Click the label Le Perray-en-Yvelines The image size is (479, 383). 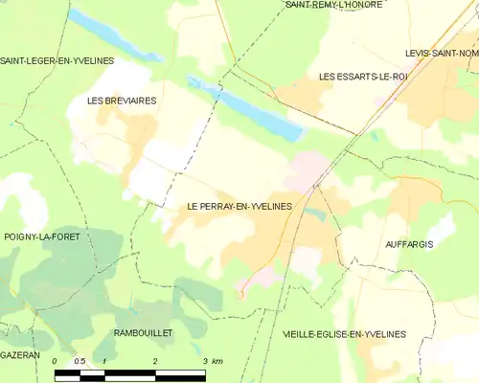(239, 206)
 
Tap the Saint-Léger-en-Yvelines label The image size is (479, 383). (57, 61)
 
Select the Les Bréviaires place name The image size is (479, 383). (122, 100)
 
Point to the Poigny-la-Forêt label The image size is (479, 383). (40, 236)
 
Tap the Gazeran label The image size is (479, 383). (20, 354)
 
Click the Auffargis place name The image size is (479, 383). (409, 245)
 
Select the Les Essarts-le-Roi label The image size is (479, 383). (363, 75)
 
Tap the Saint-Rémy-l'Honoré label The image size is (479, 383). (334, 6)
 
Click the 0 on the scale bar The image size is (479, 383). (56, 361)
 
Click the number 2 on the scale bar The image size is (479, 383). (155, 361)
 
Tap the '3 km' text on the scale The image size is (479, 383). (212, 361)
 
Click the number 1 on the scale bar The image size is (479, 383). (104, 361)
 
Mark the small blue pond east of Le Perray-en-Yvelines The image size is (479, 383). (317, 215)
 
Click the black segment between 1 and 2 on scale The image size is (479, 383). (129, 373)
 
